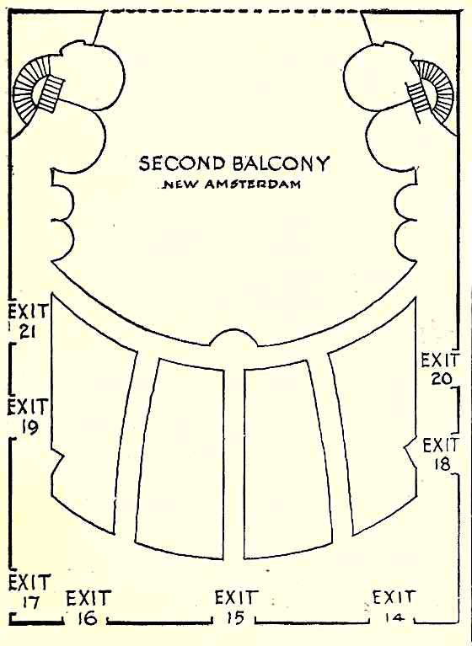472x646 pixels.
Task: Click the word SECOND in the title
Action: click(x=180, y=163)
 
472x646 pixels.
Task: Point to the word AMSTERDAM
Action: click(x=252, y=184)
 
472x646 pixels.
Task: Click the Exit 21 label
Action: click(x=28, y=321)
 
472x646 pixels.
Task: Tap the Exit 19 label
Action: click(x=28, y=416)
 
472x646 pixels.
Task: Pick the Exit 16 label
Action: click(x=88, y=608)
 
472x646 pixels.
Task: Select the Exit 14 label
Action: click(x=394, y=608)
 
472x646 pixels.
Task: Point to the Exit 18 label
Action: click(x=441, y=454)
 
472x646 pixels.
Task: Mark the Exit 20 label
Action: click(x=439, y=368)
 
